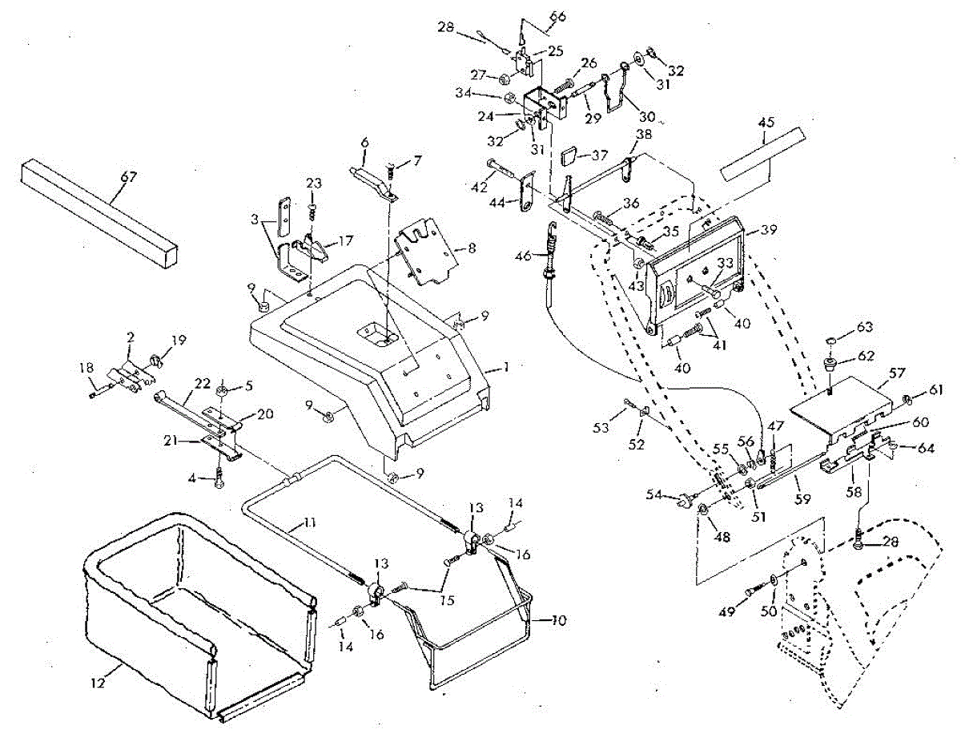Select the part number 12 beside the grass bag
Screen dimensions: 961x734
tap(99, 682)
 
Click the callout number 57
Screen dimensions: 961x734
tap(897, 373)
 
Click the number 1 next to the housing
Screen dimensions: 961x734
tap(507, 366)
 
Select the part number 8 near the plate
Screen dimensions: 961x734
tap(472, 248)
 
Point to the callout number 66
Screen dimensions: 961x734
tap(557, 17)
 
